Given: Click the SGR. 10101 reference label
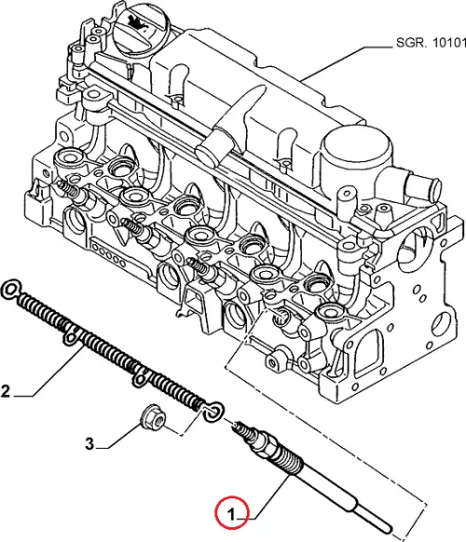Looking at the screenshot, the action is [431, 43].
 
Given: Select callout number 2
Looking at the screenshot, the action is [6, 392].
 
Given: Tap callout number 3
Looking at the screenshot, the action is [89, 443].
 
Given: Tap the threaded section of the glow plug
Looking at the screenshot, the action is [293, 462].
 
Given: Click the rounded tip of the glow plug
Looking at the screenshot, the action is [390, 530].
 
